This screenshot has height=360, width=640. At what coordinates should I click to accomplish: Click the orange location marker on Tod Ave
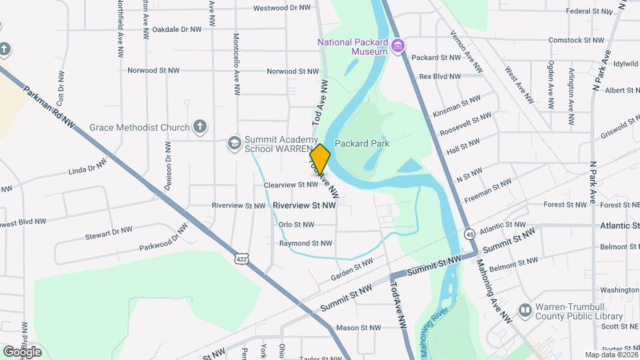point(321,159)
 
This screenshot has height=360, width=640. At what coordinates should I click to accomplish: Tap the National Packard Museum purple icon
point(399,46)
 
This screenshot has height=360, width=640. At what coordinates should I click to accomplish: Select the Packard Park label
point(362,143)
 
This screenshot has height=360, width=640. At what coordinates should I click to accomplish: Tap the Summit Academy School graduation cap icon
point(234,143)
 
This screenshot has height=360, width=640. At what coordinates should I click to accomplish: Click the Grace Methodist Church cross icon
point(199,126)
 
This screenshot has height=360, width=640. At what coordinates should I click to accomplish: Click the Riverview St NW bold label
point(304,206)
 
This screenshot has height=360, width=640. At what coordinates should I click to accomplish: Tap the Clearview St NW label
point(291,184)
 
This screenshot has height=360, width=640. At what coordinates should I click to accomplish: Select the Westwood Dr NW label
point(282,9)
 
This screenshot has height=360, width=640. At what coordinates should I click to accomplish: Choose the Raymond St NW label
point(305,243)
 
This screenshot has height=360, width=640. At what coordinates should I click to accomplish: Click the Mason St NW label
point(358,327)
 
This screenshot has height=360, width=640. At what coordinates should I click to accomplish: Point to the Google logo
point(22,351)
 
